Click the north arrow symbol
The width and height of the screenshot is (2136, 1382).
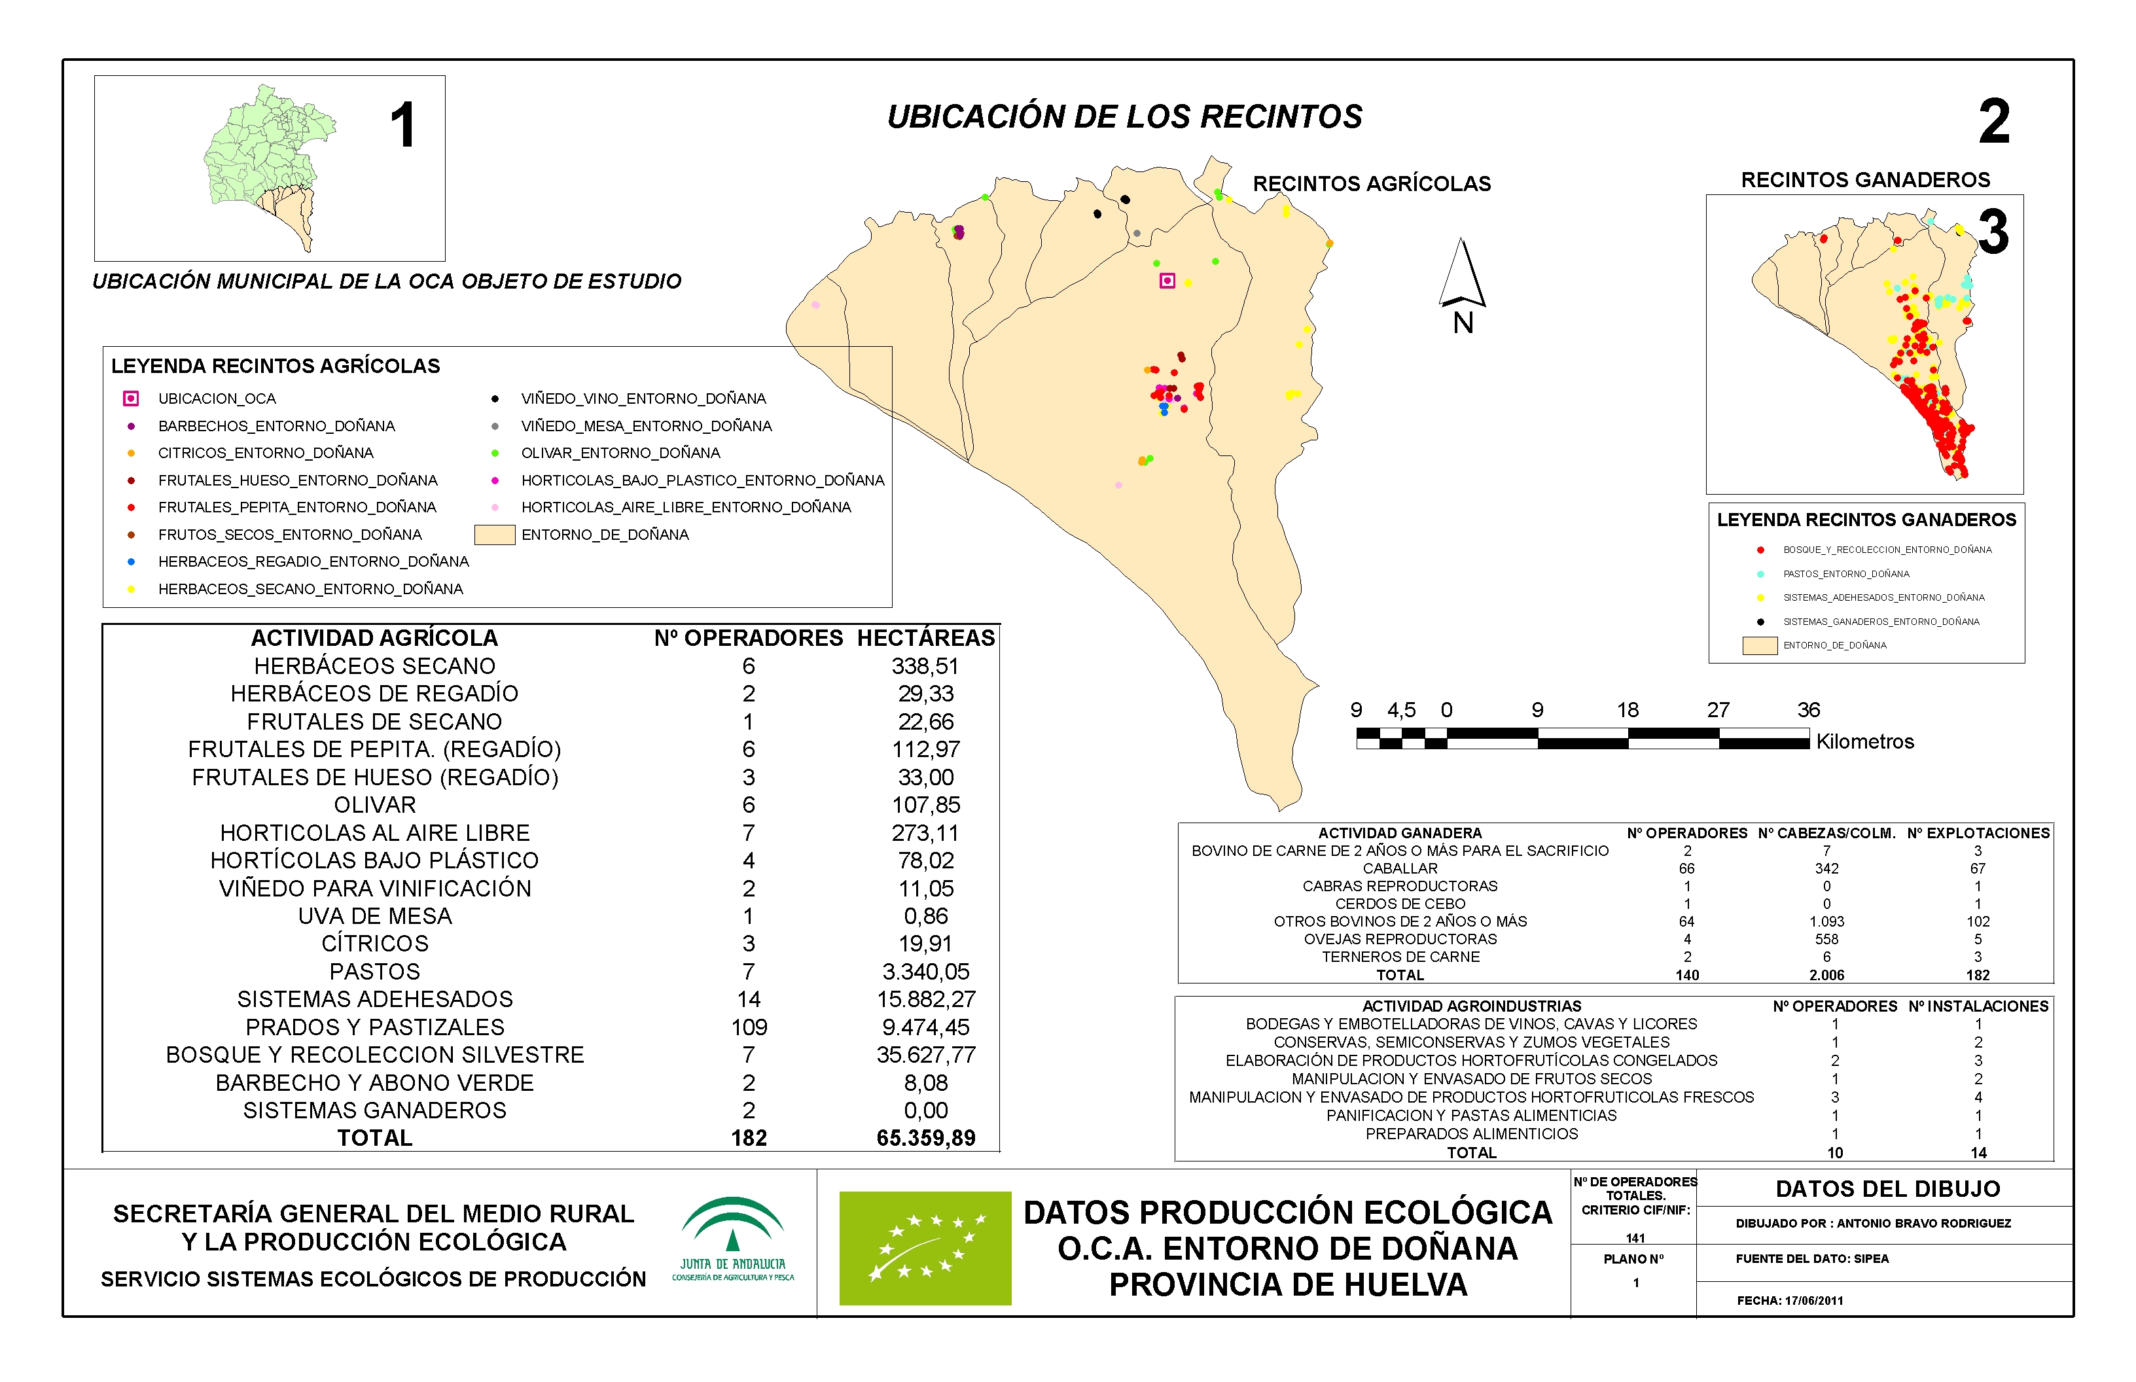pos(1462,274)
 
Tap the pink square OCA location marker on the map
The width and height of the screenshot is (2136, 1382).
pos(1167,281)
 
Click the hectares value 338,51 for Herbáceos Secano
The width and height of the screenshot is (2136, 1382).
pos(925,666)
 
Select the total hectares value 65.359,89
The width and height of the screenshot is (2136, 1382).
pos(925,1138)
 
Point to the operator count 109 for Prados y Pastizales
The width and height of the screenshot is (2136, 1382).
pos(749,1027)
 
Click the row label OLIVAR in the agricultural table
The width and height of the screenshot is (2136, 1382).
pos(374,805)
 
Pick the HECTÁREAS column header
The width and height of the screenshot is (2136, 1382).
pos(925,638)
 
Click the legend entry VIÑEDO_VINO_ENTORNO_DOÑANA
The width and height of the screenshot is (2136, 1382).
pos(643,399)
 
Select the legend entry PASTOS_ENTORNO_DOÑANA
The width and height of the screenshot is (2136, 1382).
pos(1845,573)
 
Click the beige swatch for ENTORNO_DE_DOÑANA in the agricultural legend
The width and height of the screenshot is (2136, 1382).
pos(495,535)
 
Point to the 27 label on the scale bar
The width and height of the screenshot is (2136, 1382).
pos(1718,710)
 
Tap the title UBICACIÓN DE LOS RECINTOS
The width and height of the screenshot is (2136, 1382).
pos(1124,116)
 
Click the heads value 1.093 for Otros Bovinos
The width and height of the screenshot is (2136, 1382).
pos(1826,921)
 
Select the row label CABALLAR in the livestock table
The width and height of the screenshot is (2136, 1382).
pos(1399,869)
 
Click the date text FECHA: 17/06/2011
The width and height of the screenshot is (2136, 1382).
pos(1790,1300)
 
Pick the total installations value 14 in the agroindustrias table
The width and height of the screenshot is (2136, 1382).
pos(1978,1152)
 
